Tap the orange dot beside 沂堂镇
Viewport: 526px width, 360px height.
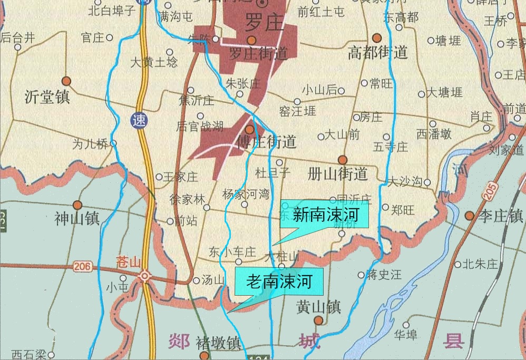[x=66, y=81]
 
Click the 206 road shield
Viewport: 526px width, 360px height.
[x=82, y=267]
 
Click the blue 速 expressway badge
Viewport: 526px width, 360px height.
[x=140, y=120]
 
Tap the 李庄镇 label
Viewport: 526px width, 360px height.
[x=500, y=216]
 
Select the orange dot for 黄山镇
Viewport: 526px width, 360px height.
[x=318, y=320]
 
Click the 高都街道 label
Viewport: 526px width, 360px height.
[x=378, y=53]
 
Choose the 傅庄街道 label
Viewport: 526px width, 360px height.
[x=267, y=142]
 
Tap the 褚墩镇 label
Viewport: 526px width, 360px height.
[x=218, y=344]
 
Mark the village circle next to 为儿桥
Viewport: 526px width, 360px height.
[x=113, y=143]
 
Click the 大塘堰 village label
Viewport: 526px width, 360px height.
[x=444, y=93]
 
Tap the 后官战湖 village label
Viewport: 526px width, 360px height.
[x=200, y=126]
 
